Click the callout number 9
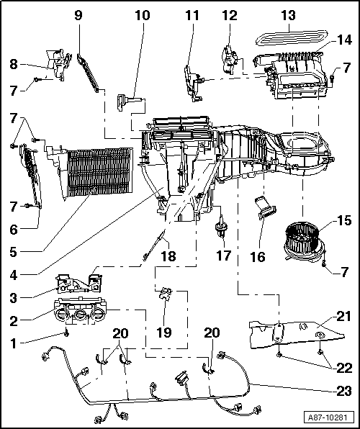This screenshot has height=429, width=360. pyautogui.click(x=78, y=14)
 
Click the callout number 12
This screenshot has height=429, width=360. pyautogui.click(x=228, y=14)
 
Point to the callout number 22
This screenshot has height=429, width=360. pyautogui.click(x=344, y=367)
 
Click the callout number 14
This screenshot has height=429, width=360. pyautogui.click(x=344, y=40)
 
